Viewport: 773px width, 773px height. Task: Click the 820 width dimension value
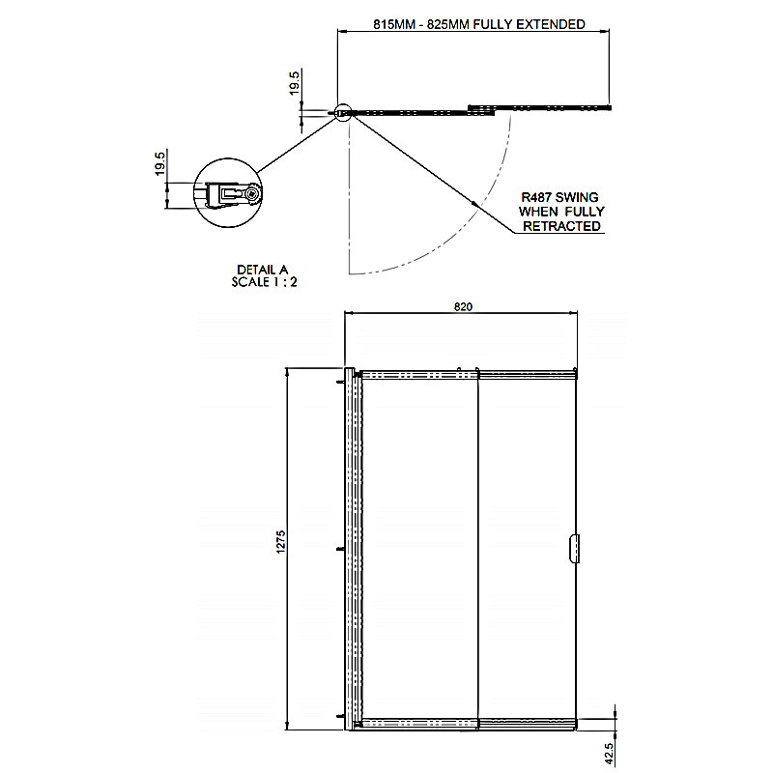(463, 306)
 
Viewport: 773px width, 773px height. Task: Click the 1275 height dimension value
(281, 542)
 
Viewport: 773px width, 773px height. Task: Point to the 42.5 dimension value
(609, 755)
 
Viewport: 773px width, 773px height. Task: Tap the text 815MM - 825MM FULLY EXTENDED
(479, 24)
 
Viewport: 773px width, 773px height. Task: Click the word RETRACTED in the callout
(562, 226)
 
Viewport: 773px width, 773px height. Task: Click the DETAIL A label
(262, 270)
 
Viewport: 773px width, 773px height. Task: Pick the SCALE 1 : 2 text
(264, 282)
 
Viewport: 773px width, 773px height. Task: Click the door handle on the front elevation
(573, 548)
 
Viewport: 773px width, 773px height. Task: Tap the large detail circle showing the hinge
(228, 159)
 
